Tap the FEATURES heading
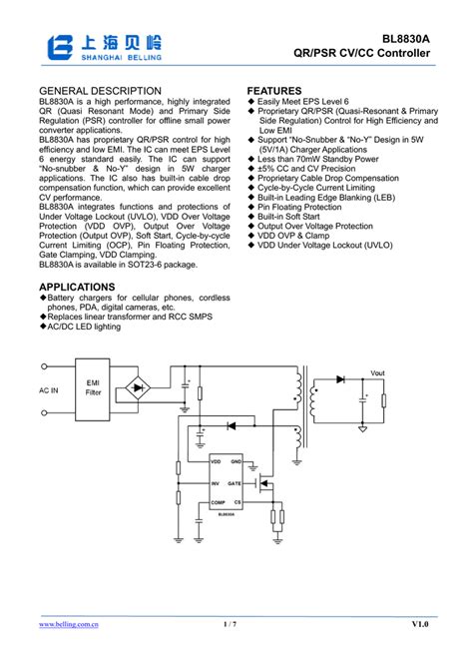[x=274, y=91]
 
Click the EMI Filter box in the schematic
[x=93, y=387]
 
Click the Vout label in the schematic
[x=377, y=372]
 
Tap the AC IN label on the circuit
[x=49, y=390]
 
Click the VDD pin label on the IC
[x=216, y=462]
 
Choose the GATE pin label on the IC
[x=235, y=482]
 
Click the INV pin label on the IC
[x=215, y=482]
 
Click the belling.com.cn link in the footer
[x=69, y=624]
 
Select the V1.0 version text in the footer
[x=419, y=624]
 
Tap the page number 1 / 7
[x=231, y=624]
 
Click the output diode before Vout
[x=341, y=379]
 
